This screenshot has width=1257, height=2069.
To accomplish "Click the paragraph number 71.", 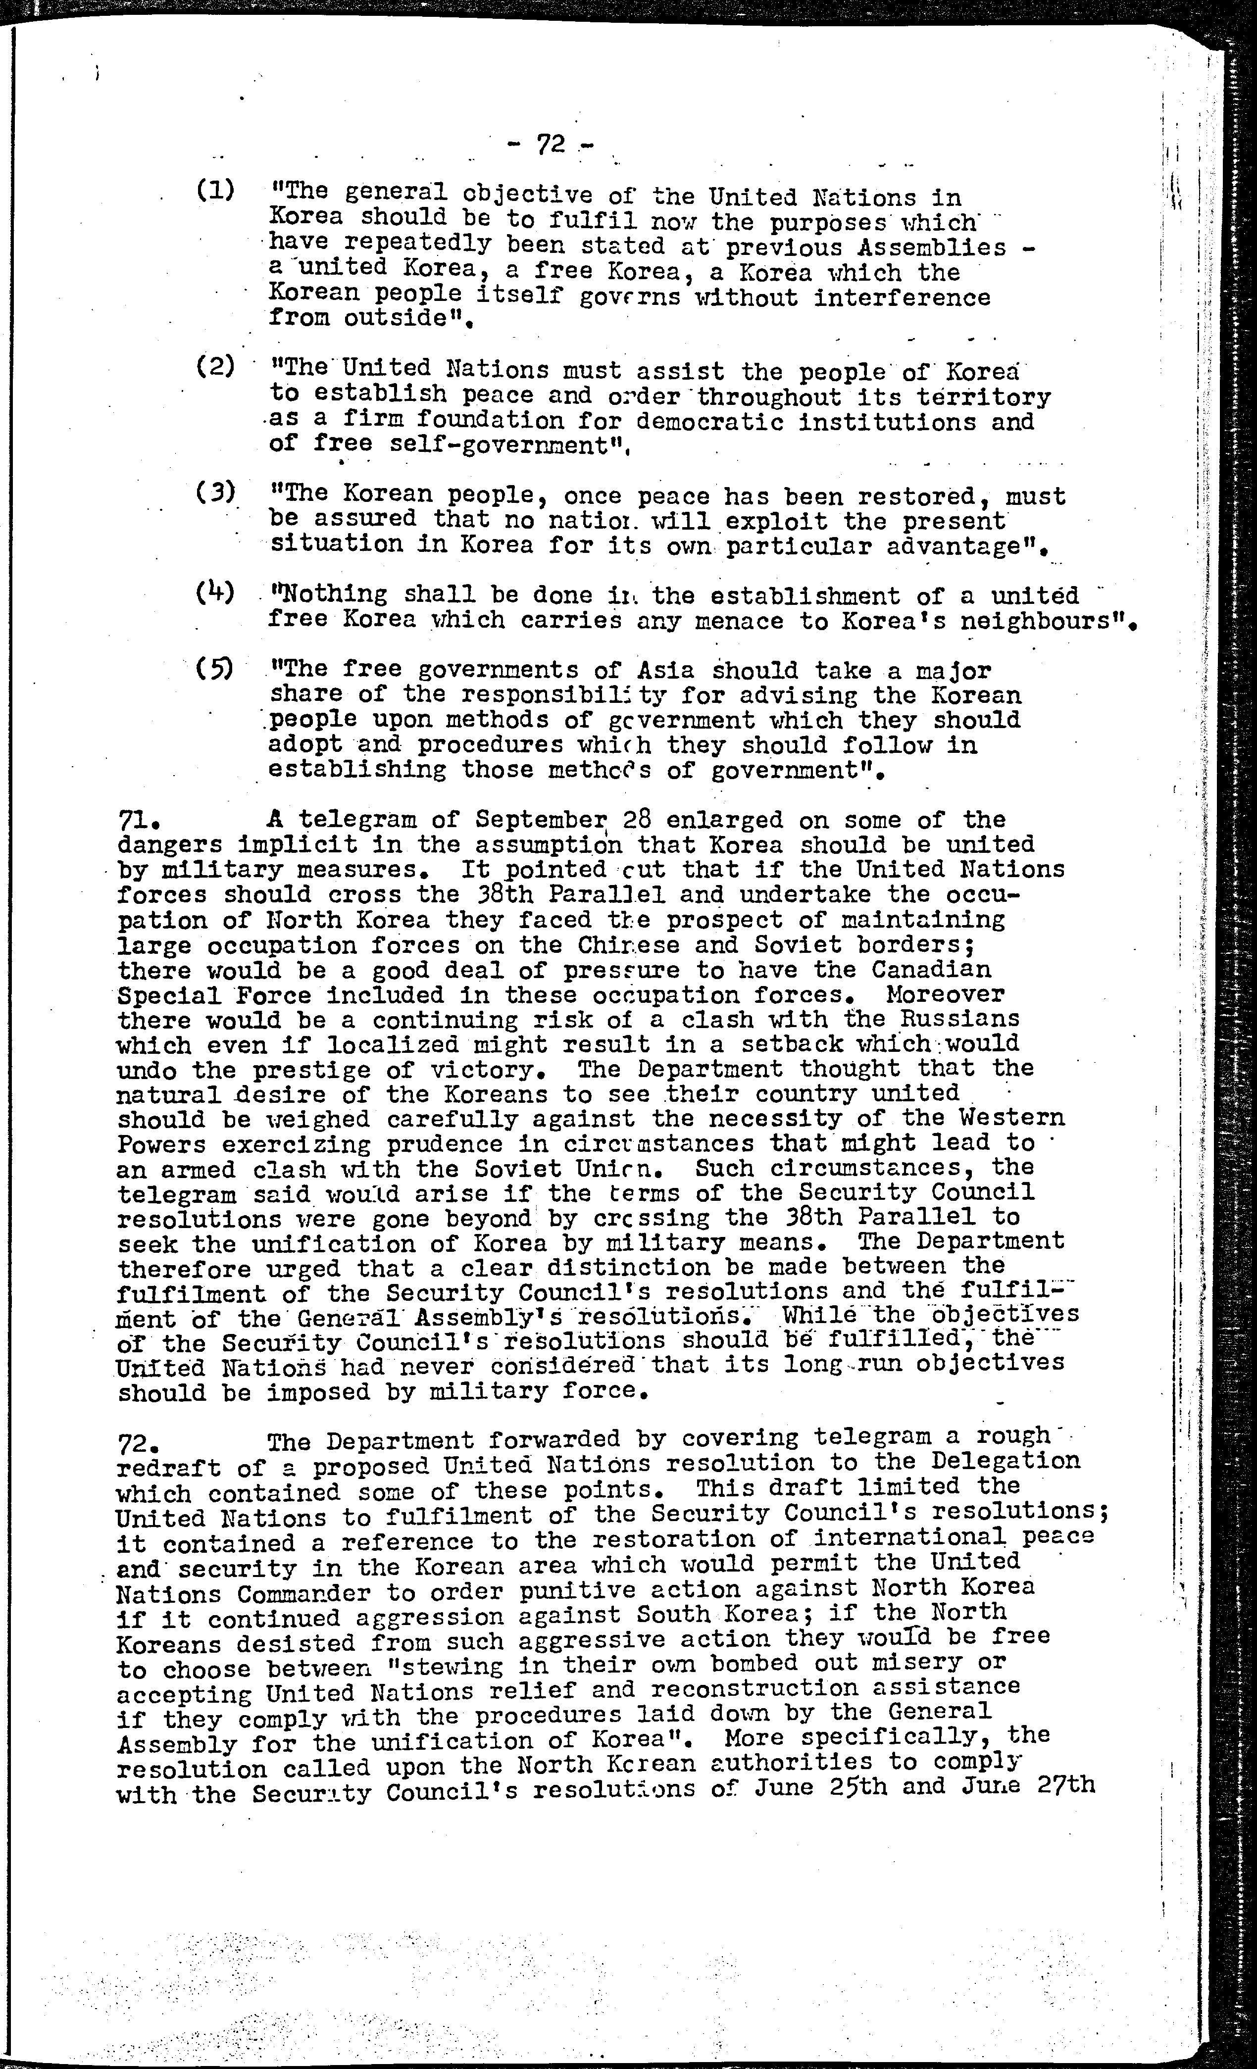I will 134,820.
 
